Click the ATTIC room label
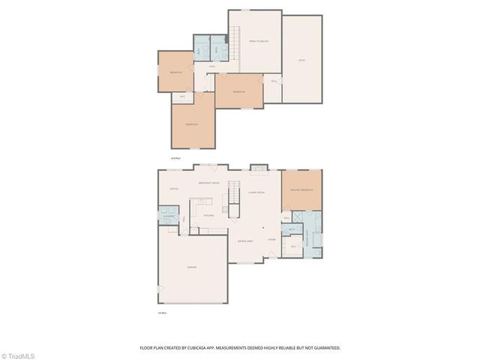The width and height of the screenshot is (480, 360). click(x=302, y=60)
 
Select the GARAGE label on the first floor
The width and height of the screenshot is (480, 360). click(x=191, y=268)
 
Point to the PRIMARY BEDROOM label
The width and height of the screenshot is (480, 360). click(x=301, y=190)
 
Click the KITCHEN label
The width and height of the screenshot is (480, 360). click(x=208, y=215)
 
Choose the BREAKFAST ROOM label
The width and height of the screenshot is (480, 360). click(x=208, y=183)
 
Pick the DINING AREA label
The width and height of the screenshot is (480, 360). click(x=244, y=241)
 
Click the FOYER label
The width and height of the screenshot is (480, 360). click(x=271, y=240)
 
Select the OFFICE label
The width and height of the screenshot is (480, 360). click(x=173, y=189)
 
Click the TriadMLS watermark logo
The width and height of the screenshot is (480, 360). click(x=18, y=355)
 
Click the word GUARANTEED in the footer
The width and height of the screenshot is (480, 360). click(x=325, y=348)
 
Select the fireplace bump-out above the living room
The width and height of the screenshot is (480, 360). click(x=258, y=167)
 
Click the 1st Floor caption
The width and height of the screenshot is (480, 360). click(x=162, y=312)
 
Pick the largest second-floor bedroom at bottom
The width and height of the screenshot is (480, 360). click(x=193, y=124)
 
